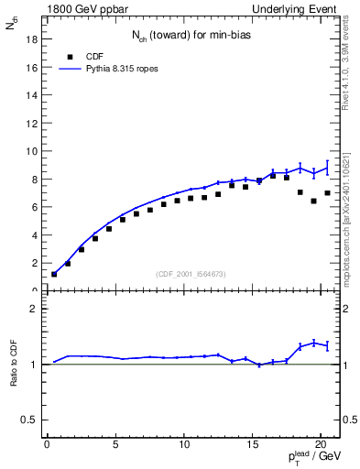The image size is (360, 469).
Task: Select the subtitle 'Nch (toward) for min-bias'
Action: [x=190, y=37]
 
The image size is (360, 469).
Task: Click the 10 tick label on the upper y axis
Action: [x=29, y=151]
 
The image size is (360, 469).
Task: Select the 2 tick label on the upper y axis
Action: [x=32, y=263]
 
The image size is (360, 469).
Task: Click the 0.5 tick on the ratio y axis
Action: [x=27, y=420]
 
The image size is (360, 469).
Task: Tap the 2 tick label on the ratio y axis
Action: [x=32, y=309]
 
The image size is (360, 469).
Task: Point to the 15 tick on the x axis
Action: [x=252, y=444]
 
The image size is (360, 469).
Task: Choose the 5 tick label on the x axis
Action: [x=115, y=444]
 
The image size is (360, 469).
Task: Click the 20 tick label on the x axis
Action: [x=320, y=444]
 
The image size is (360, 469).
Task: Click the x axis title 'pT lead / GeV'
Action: [x=316, y=459]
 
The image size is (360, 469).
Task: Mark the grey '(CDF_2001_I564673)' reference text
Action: [x=190, y=274]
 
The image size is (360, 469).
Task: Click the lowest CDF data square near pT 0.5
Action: [x=54, y=274]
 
